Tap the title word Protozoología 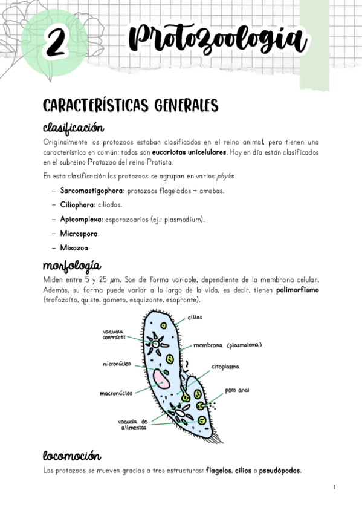(218, 40)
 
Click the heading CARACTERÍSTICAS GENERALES (131, 106)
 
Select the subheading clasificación (74, 128)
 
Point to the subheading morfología (72, 266)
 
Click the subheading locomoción (72, 456)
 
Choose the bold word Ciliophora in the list (77, 205)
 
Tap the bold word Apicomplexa (80, 219)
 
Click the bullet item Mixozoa (74, 247)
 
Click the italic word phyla (225, 177)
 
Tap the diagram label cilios (195, 317)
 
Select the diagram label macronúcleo (116, 393)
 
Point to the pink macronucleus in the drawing (161, 379)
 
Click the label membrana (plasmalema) (227, 345)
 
